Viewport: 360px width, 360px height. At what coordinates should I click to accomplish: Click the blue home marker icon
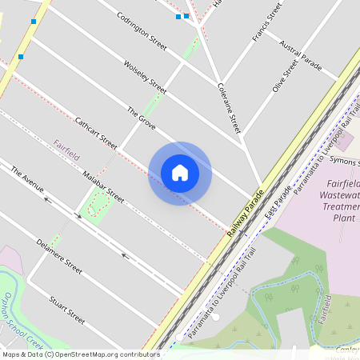coord(180,172)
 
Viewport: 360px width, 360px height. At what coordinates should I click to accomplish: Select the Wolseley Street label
coord(145,76)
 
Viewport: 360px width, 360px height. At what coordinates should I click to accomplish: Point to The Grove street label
coord(141,118)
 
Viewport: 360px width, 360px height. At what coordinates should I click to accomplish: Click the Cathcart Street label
coord(95,134)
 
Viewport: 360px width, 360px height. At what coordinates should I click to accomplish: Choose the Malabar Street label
coord(104,185)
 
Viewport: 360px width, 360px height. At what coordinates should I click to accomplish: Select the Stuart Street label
coord(66,308)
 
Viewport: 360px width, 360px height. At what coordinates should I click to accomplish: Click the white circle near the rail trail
coord(215,317)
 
